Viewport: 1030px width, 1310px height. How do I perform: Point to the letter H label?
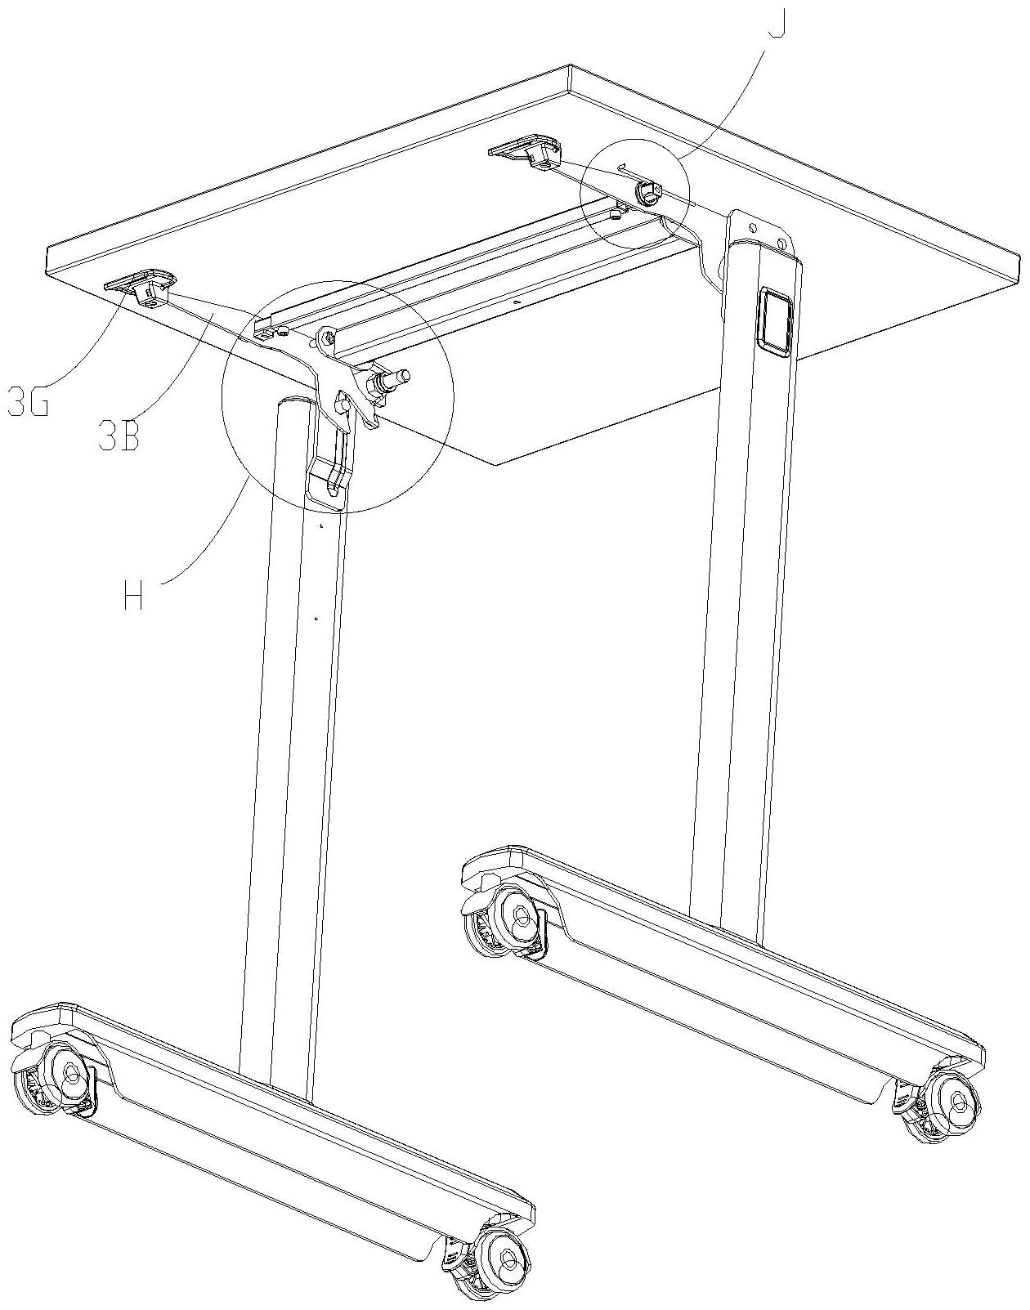[133, 597]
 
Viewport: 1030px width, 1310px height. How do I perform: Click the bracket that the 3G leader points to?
[141, 286]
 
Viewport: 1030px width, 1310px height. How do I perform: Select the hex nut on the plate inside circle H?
[343, 403]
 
